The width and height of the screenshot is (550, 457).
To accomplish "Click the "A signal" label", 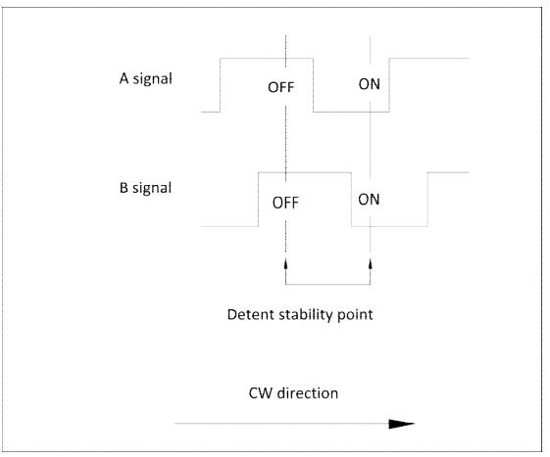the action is click(145, 79).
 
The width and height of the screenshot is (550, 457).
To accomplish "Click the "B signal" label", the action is click(145, 188).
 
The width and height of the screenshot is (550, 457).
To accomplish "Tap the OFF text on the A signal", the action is click(280, 87).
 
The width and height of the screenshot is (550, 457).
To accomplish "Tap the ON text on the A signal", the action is click(369, 84).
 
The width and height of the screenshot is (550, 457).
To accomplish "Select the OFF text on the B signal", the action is click(285, 203).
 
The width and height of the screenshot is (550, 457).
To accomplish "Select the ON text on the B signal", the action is click(369, 200).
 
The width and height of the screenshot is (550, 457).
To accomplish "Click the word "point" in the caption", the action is click(355, 315).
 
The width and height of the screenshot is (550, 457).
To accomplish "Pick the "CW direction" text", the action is click(293, 393).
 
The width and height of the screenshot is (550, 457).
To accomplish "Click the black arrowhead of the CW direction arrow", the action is click(402, 424).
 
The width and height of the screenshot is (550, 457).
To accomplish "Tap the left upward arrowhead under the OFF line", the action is click(285, 263).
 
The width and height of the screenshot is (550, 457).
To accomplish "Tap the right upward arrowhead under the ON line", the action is click(370, 263).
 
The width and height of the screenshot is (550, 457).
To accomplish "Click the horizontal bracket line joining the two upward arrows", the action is click(328, 285).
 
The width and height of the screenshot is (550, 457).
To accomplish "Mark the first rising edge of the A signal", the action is click(221, 85).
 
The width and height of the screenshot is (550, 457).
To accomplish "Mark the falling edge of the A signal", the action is click(313, 85).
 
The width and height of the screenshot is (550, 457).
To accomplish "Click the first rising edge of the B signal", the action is click(259, 200).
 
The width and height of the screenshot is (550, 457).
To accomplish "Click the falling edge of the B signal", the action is click(351, 200).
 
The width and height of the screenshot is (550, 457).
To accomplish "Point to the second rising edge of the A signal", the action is click(389, 85).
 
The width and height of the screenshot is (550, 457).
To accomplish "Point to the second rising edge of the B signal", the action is click(427, 200).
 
